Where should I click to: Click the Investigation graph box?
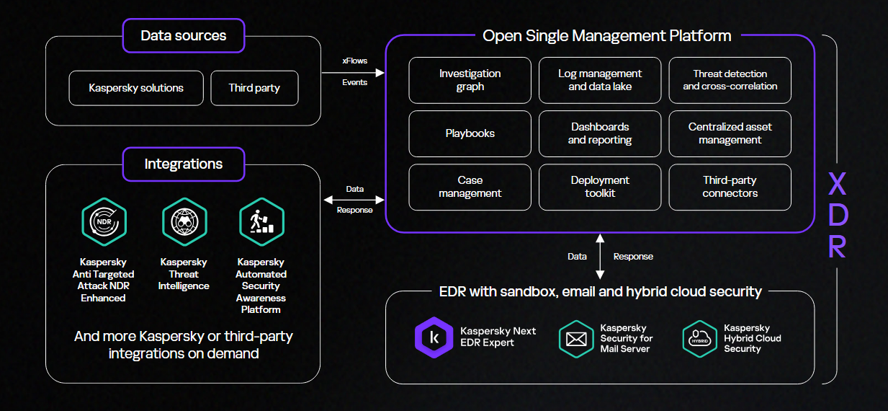(x=470, y=80)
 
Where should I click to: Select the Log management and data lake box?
(x=600, y=80)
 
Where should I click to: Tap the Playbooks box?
(x=470, y=133)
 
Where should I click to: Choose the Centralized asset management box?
(x=730, y=133)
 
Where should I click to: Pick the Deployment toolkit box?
(x=600, y=187)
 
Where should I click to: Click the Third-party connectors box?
(x=730, y=187)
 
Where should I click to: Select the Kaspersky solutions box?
(x=136, y=88)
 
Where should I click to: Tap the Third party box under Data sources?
(x=254, y=88)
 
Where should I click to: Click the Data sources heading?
(x=184, y=35)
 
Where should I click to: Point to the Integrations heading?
(x=184, y=164)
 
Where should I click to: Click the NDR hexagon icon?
(x=104, y=221)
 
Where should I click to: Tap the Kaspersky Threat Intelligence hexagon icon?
(x=184, y=221)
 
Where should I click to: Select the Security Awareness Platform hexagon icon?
(x=261, y=221)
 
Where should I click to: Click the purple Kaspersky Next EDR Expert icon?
(x=434, y=337)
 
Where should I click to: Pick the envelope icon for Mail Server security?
(x=576, y=339)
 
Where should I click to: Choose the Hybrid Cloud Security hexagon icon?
(x=700, y=339)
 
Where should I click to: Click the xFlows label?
(x=354, y=61)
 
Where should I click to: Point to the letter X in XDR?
(x=837, y=185)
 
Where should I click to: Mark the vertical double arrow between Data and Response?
(x=599, y=256)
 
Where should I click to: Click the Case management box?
(x=470, y=187)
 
